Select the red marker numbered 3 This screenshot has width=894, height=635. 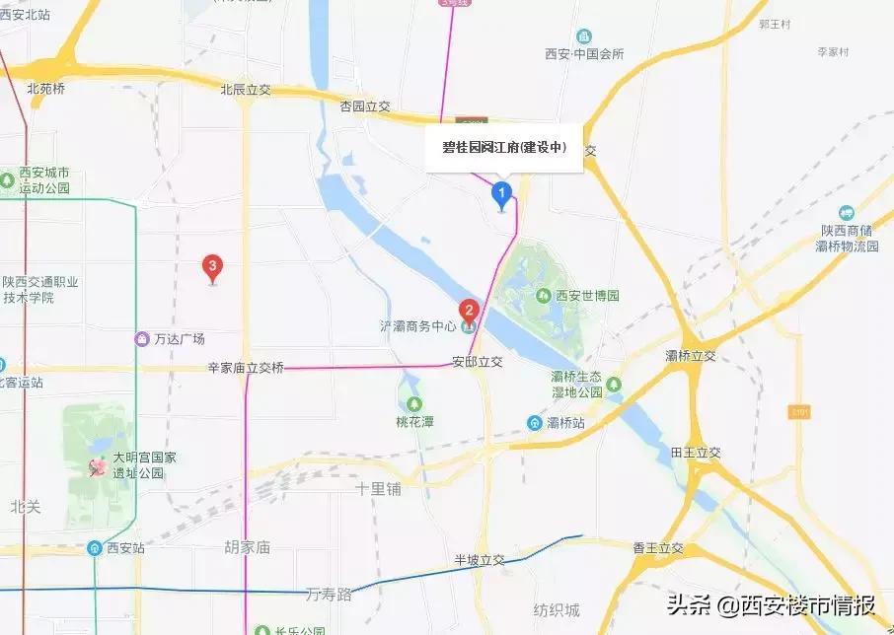click(x=211, y=266)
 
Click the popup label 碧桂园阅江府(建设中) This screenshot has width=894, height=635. click(x=504, y=148)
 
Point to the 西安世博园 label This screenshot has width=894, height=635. click(x=587, y=296)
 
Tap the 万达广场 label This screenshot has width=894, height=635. click(x=179, y=339)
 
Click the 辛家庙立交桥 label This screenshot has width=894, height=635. click(x=246, y=368)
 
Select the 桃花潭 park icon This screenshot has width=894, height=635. click(x=414, y=403)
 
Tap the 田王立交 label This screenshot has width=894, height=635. click(x=697, y=453)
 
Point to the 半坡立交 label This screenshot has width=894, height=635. click(x=480, y=560)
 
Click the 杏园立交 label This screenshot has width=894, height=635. click(x=366, y=106)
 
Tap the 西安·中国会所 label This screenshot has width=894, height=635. click(x=585, y=55)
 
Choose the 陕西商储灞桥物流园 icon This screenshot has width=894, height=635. click(x=846, y=213)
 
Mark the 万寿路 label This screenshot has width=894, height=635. click(x=329, y=594)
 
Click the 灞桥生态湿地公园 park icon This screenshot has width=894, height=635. click(x=615, y=384)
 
